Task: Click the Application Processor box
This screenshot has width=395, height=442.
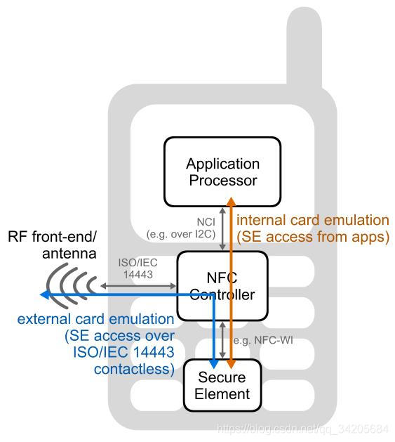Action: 222,171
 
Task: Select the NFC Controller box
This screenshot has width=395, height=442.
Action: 222,286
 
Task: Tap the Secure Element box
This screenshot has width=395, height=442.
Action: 222,385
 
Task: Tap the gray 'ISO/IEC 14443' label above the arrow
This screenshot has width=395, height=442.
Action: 138,267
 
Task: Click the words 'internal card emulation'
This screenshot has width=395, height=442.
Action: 313,220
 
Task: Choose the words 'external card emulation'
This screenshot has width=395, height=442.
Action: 95,319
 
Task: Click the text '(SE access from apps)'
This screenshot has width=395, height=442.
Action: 313,237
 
